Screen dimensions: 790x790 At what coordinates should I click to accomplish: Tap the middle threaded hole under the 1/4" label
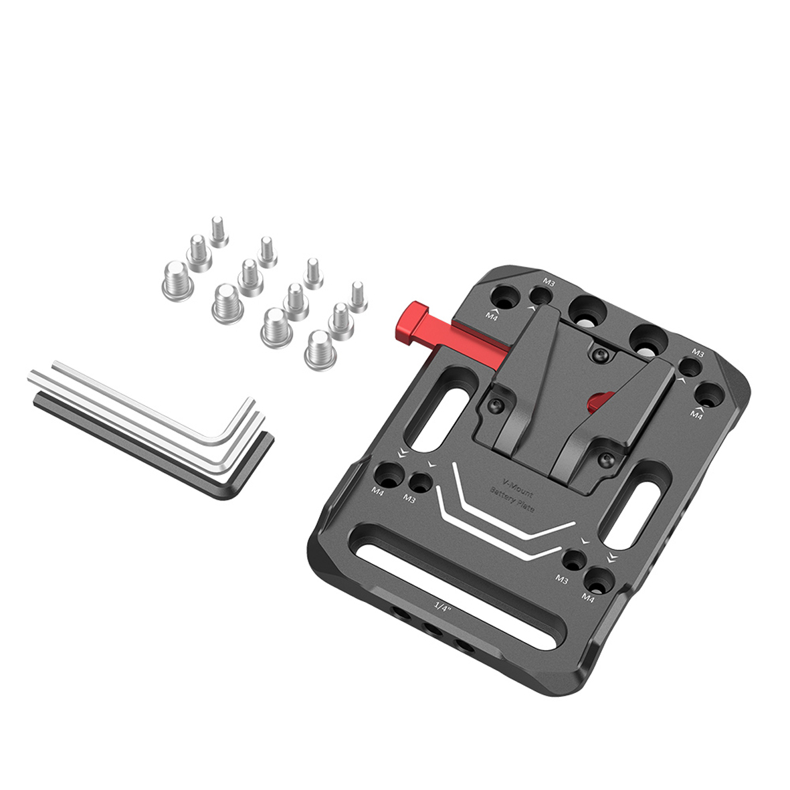(x=431, y=629)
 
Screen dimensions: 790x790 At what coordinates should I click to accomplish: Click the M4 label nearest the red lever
(x=492, y=315)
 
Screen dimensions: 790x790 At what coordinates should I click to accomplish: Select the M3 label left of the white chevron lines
(x=409, y=499)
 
